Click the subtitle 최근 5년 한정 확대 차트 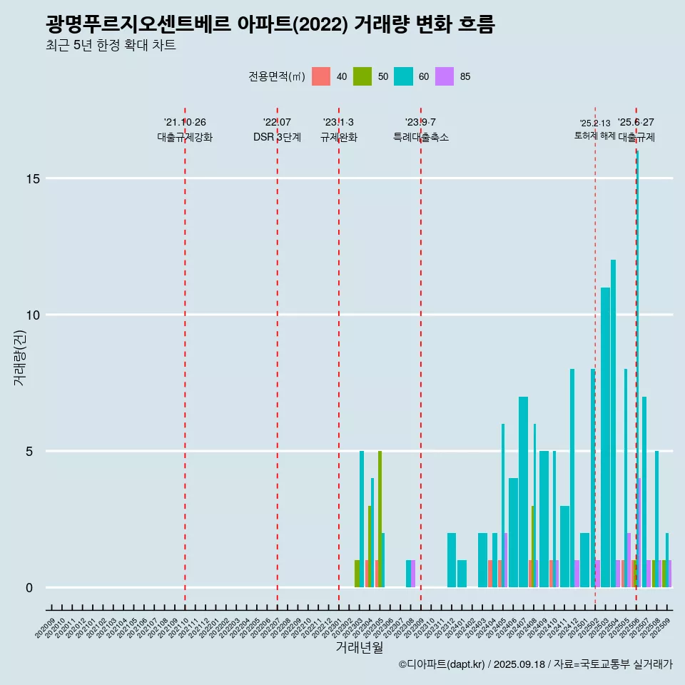pyautogui.click(x=111, y=46)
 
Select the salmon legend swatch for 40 pyautogui.click(x=321, y=76)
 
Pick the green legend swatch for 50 pyautogui.click(x=362, y=76)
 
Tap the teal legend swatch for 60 pyautogui.click(x=403, y=76)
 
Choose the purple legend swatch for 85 pyautogui.click(x=445, y=76)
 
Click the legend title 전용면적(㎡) pyautogui.click(x=277, y=77)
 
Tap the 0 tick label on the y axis pyautogui.click(x=29, y=587)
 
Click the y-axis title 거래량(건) pyautogui.click(x=19, y=357)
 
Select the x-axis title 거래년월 pyautogui.click(x=360, y=648)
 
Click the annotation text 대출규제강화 pyautogui.click(x=185, y=137)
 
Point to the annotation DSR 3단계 pyautogui.click(x=277, y=137)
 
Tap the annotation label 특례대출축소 pyautogui.click(x=421, y=137)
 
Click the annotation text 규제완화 pyautogui.click(x=339, y=137)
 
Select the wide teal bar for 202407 pyautogui.click(x=523, y=492)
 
